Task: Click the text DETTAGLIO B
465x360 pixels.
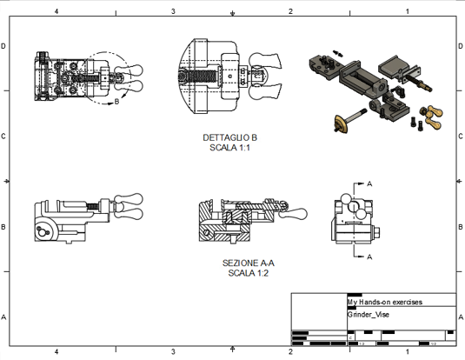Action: [x=229, y=138]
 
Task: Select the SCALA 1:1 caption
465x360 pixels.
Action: [x=229, y=148]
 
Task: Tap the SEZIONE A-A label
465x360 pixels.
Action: [x=249, y=263]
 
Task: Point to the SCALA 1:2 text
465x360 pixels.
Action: [x=249, y=272]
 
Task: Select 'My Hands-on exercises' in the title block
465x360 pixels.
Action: [x=384, y=303]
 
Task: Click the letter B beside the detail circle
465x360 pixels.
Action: [x=116, y=102]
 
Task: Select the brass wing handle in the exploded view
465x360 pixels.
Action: [x=432, y=112]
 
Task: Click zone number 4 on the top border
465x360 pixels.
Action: [x=56, y=11]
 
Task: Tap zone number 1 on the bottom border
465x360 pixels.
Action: [x=407, y=352]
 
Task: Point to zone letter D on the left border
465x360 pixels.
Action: [x=5, y=46]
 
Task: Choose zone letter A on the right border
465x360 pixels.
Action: [x=460, y=317]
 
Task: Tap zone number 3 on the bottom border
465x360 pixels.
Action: [x=173, y=352]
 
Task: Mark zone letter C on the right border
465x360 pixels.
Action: [x=460, y=137]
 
